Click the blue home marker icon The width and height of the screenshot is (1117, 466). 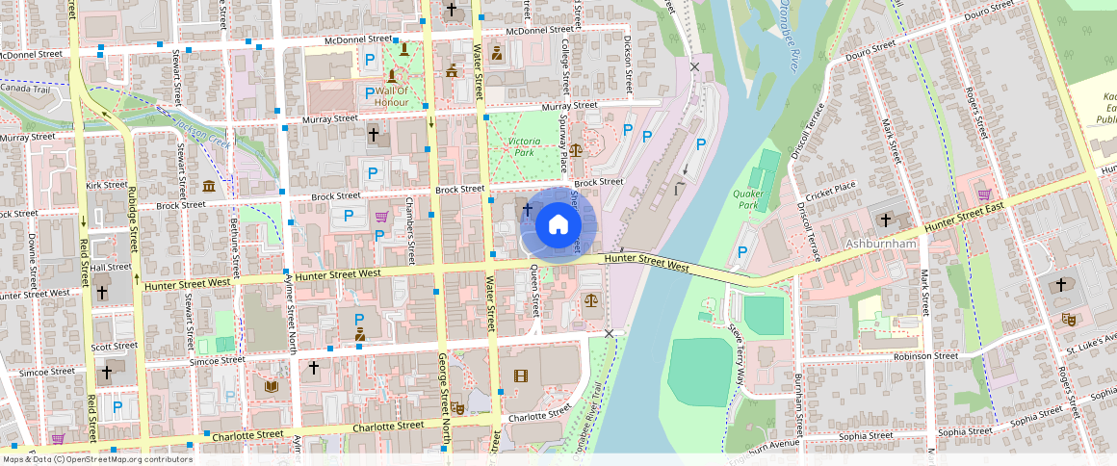click(558, 225)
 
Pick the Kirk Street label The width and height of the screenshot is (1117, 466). click(106, 184)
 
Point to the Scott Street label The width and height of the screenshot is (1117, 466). click(114, 346)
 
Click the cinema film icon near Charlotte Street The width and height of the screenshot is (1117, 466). click(520, 375)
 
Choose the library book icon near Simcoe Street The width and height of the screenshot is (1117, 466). click(272, 386)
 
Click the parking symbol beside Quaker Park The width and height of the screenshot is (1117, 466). click(741, 252)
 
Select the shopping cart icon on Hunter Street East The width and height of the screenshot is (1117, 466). click(984, 194)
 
